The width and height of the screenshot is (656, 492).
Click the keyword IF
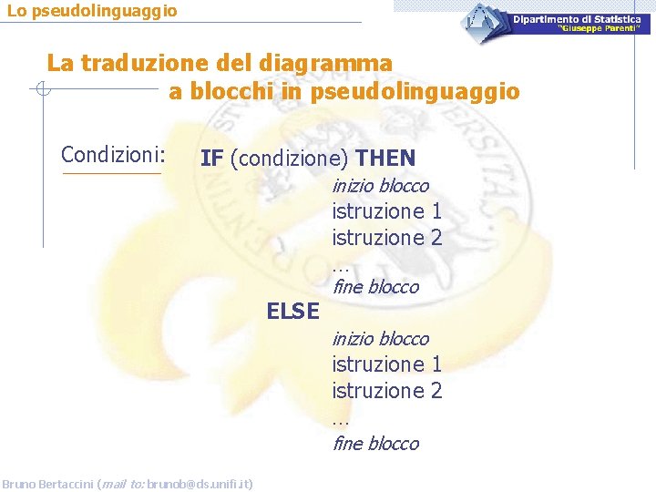pos(211,159)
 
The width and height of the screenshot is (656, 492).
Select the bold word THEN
pos(385,159)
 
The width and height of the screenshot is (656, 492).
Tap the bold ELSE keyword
pos(292,313)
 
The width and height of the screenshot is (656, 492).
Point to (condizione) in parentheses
pos(289,159)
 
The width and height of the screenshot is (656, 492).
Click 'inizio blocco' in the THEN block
pos(380,186)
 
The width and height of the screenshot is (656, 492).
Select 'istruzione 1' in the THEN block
pos(387,211)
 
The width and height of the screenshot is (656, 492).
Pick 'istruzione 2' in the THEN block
pos(387,238)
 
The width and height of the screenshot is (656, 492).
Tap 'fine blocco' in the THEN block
pos(375,287)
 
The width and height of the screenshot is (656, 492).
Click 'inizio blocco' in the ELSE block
pos(380,339)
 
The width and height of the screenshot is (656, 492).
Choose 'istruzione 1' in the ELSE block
pos(387,364)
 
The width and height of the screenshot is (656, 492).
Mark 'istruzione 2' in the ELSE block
pos(387,391)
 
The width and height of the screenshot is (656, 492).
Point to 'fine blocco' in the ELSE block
pos(375,444)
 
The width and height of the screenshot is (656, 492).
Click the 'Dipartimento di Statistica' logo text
pos(581,19)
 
